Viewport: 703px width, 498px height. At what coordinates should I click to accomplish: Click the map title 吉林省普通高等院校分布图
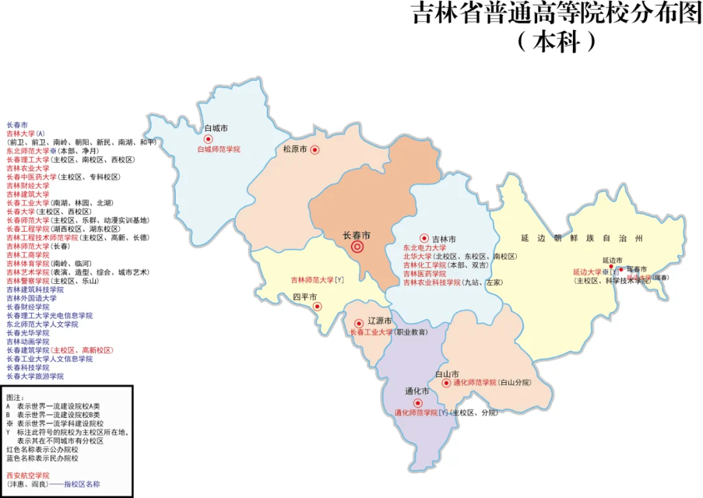click(557, 14)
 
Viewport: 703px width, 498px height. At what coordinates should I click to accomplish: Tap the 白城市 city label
click(215, 129)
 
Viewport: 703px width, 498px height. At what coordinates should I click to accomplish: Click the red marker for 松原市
click(315, 150)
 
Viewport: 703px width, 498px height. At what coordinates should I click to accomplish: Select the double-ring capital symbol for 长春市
click(357, 247)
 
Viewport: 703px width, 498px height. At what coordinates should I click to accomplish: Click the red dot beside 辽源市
click(359, 323)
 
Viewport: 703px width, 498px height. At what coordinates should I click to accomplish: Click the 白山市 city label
click(447, 374)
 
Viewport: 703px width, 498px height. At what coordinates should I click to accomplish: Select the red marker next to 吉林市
click(424, 238)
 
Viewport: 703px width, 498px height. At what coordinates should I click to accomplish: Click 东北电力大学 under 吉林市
click(424, 248)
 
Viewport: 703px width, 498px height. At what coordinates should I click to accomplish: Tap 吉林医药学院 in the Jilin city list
click(424, 274)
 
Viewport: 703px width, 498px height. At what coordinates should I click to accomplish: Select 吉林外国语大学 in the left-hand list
click(31, 298)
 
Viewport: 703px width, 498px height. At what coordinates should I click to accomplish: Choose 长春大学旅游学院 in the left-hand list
click(35, 376)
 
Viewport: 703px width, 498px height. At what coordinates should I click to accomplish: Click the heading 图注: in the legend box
click(15, 397)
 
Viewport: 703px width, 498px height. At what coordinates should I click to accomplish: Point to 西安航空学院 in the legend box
click(27, 475)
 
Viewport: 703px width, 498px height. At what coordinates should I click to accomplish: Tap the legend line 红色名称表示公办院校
click(42, 449)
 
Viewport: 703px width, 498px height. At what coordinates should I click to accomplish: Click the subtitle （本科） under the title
click(557, 42)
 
